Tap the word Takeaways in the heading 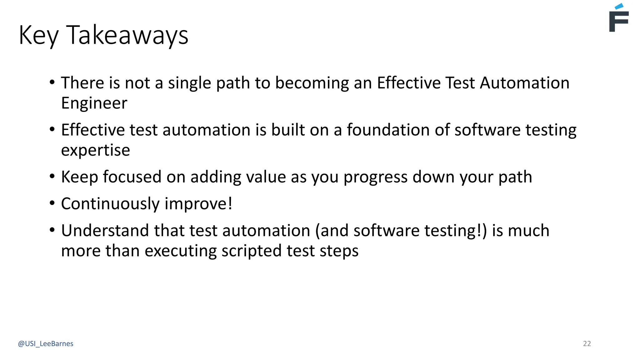coord(127,35)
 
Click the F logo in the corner coord(618,21)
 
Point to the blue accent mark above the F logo coord(619,6)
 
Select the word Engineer coord(94,103)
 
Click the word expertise coord(95,151)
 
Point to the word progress coord(375,177)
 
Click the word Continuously coord(110,204)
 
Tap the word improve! coord(198,204)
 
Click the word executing coord(180,251)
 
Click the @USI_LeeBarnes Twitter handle coord(46,344)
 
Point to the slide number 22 coord(587,344)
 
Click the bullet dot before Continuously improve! coord(52,203)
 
